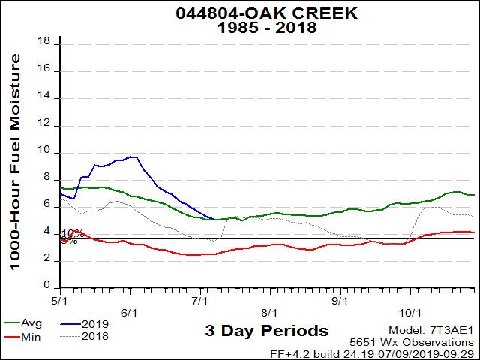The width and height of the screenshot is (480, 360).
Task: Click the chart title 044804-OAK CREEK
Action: click(245, 13)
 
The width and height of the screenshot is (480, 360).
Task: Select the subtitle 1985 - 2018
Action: click(245, 28)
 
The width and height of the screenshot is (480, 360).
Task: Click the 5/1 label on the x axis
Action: click(61, 300)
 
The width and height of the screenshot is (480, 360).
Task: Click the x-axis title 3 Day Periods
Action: click(266, 331)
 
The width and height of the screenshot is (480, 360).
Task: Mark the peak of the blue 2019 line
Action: click(133, 157)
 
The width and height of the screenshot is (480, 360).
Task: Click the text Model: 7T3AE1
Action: click(431, 330)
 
